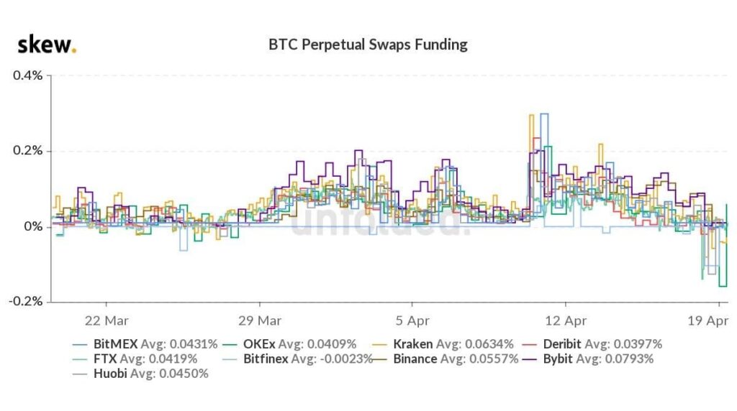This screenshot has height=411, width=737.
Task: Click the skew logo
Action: tap(47, 45)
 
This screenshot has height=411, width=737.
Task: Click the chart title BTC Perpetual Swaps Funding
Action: tap(368, 45)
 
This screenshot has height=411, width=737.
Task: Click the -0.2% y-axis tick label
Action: tap(27, 302)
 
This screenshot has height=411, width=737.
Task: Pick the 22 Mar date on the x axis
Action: tap(107, 319)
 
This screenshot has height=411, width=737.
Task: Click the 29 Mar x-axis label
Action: tap(259, 319)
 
